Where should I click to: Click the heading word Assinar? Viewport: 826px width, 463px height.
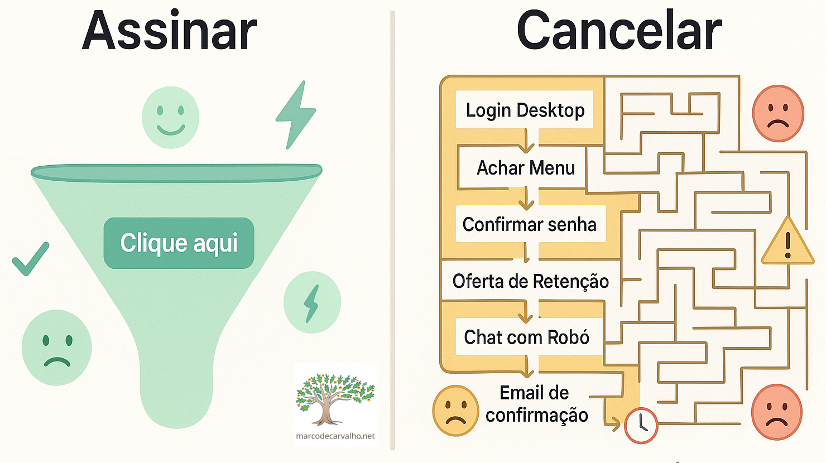(x=169, y=31)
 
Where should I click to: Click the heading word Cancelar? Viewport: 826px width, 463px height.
(x=619, y=31)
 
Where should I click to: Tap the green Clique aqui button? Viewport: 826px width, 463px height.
(x=179, y=243)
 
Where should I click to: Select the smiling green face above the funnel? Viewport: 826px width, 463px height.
(x=170, y=118)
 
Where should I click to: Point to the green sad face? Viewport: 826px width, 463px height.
(x=56, y=348)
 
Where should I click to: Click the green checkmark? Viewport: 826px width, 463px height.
(x=30, y=259)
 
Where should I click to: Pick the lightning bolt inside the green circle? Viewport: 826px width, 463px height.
(x=312, y=302)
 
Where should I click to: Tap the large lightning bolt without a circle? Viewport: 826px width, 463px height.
(x=296, y=115)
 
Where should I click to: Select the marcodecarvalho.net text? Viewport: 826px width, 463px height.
(x=335, y=436)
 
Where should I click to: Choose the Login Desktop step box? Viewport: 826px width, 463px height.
(x=525, y=110)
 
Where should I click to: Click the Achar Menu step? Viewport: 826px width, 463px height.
(x=525, y=168)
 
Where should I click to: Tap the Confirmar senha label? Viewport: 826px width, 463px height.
(x=530, y=224)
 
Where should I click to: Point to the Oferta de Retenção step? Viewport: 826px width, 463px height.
(x=530, y=281)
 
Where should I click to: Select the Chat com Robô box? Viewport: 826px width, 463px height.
(x=527, y=337)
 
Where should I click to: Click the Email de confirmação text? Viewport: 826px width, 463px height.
(x=536, y=404)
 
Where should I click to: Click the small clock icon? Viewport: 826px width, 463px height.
(x=641, y=426)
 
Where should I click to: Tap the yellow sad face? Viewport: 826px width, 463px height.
(x=455, y=411)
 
